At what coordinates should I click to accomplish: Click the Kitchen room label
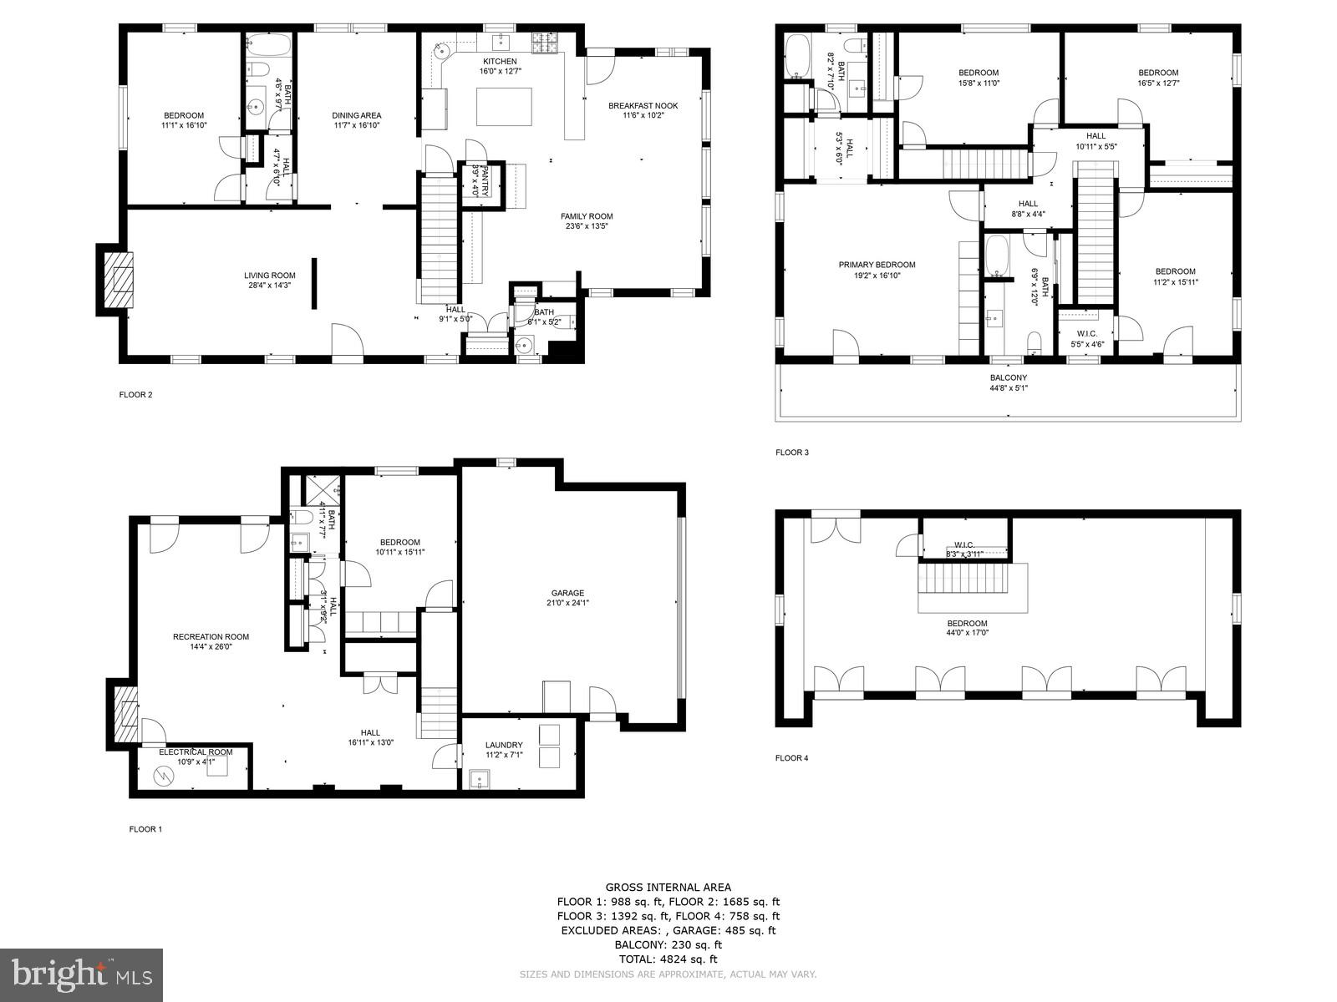(500, 62)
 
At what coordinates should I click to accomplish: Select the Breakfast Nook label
(643, 106)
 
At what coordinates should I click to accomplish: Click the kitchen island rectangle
(504, 106)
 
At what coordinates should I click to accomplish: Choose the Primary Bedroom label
(871, 265)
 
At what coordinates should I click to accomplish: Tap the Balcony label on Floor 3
(1008, 377)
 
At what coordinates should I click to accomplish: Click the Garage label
(567, 593)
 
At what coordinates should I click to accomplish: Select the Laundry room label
(504, 745)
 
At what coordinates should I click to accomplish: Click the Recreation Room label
(211, 636)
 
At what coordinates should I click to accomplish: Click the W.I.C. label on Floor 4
(964, 544)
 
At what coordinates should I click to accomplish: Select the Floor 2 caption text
(135, 395)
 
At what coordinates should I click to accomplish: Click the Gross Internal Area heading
(668, 887)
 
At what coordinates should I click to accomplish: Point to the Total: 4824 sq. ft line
(668, 959)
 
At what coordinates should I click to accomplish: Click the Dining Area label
(356, 115)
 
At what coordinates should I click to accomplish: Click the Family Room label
(587, 216)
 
